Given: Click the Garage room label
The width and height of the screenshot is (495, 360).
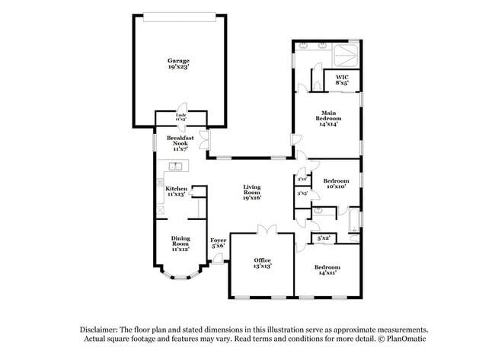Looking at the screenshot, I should (179, 64).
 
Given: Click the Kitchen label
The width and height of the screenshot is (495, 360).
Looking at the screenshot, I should (176, 191).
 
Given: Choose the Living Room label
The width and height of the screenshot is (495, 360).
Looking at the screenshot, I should (252, 192).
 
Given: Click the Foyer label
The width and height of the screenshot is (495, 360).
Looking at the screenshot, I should (219, 243).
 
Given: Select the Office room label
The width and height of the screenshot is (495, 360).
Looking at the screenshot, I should (262, 263).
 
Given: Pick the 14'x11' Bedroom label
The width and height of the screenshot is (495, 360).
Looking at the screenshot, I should (327, 269).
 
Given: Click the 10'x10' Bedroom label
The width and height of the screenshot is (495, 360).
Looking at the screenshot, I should (336, 183).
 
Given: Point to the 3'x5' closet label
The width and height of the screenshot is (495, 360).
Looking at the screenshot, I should (302, 194).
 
